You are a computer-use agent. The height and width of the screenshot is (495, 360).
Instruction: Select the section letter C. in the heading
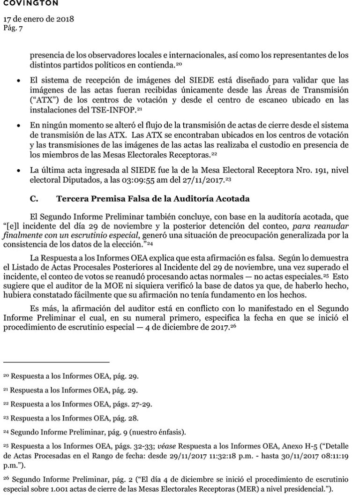click(x=33, y=198)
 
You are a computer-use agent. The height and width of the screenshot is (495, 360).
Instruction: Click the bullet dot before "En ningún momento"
click(x=18, y=127)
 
